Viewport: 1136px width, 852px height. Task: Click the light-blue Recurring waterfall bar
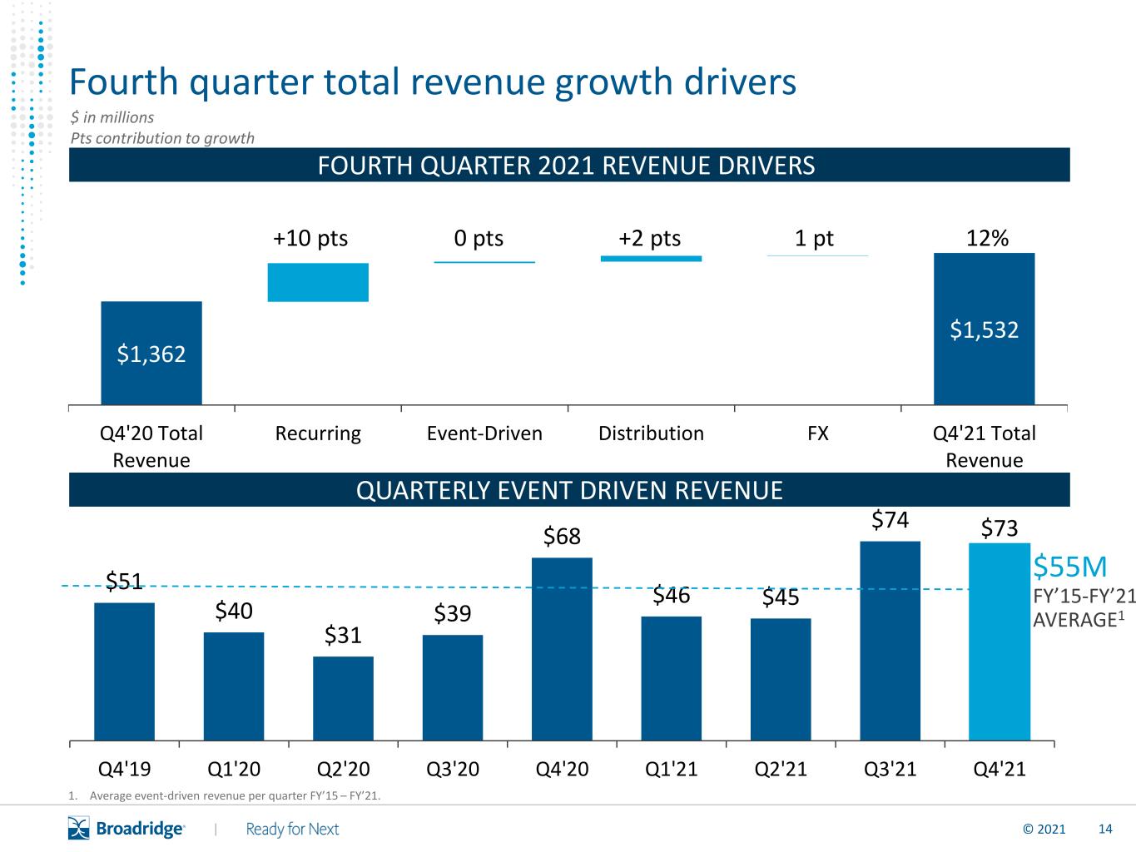[318, 282]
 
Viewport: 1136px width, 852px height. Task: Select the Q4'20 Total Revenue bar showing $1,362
[151, 353]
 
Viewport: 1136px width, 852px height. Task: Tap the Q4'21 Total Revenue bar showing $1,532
[984, 329]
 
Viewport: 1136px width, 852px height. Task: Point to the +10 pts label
[310, 239]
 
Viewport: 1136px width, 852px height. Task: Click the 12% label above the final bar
[987, 238]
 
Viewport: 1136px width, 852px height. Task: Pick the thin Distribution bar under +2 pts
[651, 259]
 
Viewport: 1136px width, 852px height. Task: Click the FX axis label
[818, 433]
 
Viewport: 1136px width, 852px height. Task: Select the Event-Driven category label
[484, 433]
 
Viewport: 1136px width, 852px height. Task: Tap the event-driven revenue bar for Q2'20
[343, 698]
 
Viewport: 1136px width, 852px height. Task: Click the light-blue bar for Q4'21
[1000, 641]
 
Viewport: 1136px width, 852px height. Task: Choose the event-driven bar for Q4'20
[562, 649]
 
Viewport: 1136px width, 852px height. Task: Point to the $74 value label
[890, 519]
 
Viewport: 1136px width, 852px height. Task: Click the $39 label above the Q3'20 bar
[453, 613]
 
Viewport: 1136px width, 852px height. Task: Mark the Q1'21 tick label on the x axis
[672, 769]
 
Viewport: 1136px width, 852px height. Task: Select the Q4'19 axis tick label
[124, 769]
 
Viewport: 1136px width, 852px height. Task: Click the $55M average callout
[1069, 567]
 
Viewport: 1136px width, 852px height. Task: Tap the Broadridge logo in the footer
[126, 828]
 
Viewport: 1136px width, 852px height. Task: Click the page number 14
[1105, 829]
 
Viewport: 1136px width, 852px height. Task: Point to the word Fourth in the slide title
[124, 82]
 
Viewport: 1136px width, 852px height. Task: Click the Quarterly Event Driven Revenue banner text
[569, 490]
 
